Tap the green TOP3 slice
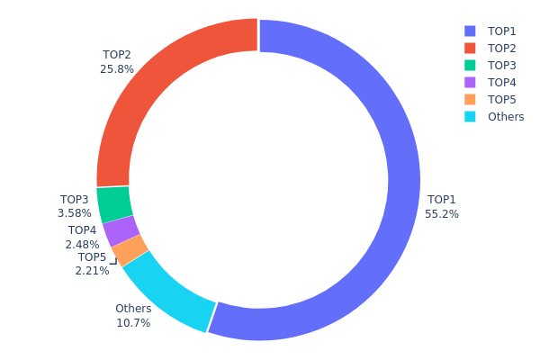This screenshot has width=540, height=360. [x=114, y=204]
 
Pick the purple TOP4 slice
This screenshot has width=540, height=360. [x=121, y=231]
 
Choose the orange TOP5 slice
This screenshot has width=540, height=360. [x=130, y=250]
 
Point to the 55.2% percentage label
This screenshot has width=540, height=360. [x=442, y=214]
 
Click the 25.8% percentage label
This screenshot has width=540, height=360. [x=117, y=68]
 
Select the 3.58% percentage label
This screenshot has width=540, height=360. [x=75, y=213]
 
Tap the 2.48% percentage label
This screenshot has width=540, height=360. [x=82, y=244]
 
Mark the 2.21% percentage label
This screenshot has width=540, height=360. [x=92, y=270]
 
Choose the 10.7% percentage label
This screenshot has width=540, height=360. [x=133, y=322]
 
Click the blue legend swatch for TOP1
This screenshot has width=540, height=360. [x=470, y=31]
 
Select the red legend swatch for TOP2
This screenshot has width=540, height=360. [x=470, y=48]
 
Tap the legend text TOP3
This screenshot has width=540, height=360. [x=502, y=65]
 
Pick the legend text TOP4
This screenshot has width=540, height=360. [x=502, y=82]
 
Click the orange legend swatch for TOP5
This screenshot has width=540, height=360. [x=470, y=99]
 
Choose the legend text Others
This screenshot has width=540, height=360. [x=506, y=116]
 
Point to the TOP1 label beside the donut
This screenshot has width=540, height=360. [x=442, y=200]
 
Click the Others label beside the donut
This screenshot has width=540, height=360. [x=133, y=309]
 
